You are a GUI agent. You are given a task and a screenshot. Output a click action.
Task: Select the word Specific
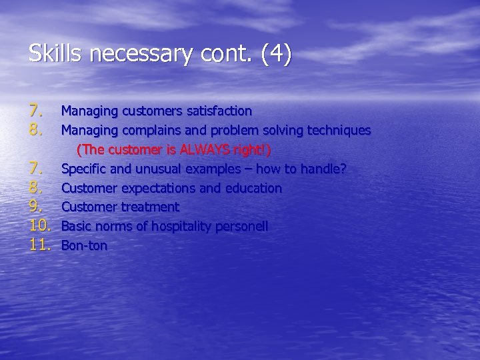point(83,169)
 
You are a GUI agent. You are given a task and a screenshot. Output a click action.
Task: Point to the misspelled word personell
point(239,227)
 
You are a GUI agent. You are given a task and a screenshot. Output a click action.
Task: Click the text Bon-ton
point(84,246)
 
